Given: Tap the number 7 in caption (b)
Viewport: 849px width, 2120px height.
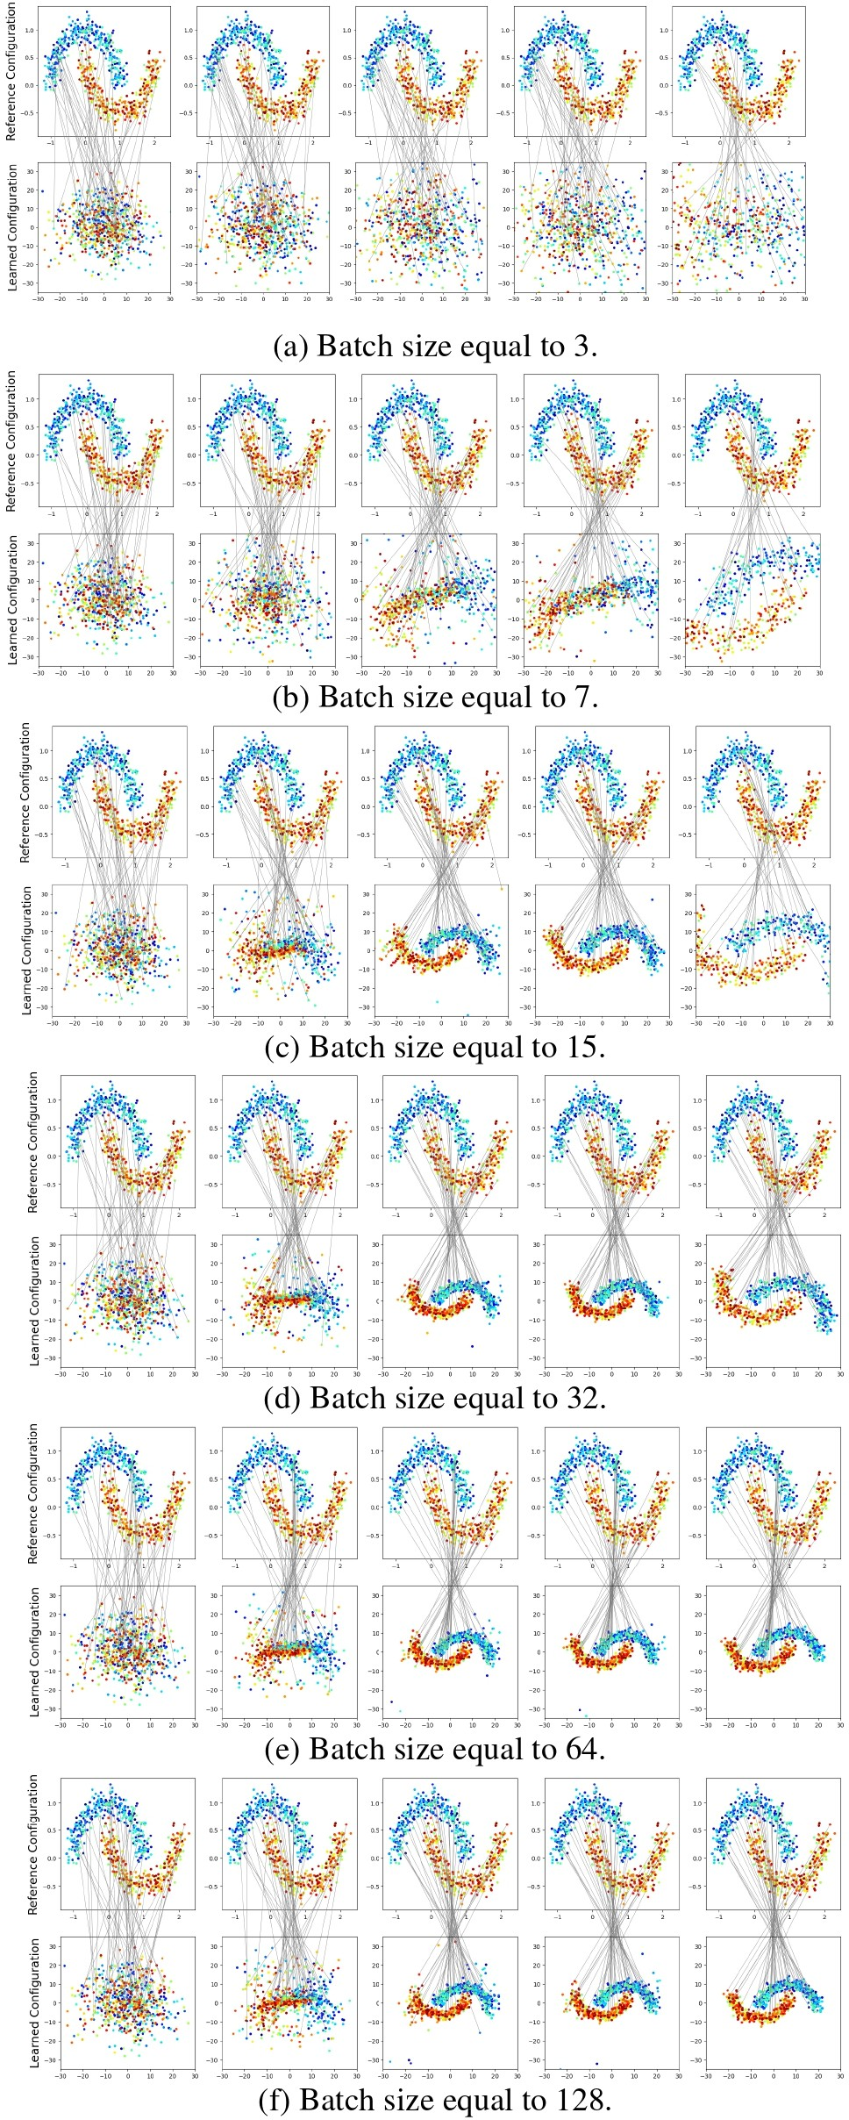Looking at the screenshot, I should click(583, 697).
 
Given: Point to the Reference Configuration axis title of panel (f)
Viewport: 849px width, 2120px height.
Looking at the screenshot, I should click(33, 1844).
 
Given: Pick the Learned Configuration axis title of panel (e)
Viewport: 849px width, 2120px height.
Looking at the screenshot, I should click(34, 1652).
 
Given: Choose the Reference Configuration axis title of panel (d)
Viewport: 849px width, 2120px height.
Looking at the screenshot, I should click(33, 1142).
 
